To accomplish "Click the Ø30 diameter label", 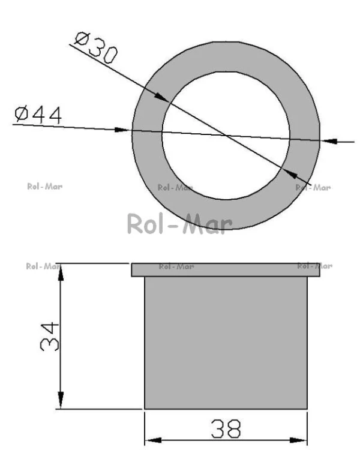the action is click(x=96, y=47).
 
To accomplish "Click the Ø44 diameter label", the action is click(x=38, y=115).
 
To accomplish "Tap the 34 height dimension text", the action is click(x=50, y=336).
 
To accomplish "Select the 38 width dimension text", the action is click(x=226, y=429).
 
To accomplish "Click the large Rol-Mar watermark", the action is click(x=180, y=224).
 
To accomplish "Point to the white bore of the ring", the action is click(x=226, y=136).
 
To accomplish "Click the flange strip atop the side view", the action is click(x=226, y=270).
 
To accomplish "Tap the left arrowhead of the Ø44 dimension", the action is click(x=121, y=130).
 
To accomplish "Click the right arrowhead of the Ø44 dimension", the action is click(x=330, y=141).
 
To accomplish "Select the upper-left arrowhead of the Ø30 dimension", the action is click(x=161, y=97).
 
